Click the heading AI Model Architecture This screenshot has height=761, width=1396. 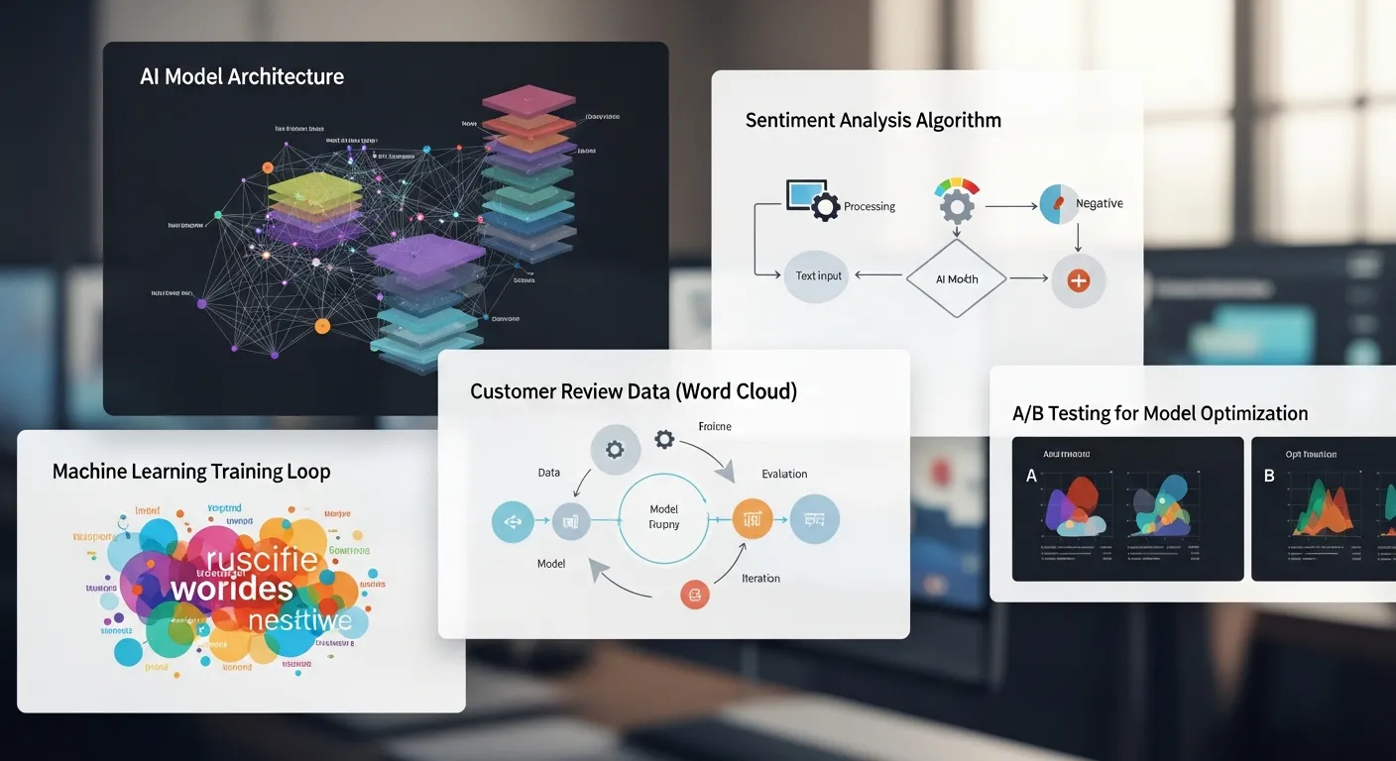click(x=242, y=77)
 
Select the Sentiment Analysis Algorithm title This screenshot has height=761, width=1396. click(x=872, y=121)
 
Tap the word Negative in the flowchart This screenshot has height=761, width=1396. click(x=1099, y=203)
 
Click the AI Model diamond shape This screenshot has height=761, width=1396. click(x=956, y=279)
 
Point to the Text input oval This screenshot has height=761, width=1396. click(x=818, y=275)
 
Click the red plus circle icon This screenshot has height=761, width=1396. click(x=1078, y=280)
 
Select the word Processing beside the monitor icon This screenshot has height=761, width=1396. click(x=869, y=207)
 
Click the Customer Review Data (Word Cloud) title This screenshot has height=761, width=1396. click(x=633, y=391)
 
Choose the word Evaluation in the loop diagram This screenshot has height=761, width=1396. click(x=783, y=474)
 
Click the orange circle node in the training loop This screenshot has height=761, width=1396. click(x=753, y=518)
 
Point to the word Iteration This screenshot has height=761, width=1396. click(x=760, y=578)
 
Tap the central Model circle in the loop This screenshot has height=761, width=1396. click(x=663, y=517)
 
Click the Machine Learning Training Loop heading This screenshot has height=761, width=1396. click(x=191, y=472)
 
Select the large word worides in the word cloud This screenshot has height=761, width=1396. click(x=231, y=589)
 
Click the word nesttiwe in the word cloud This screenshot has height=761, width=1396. click(x=299, y=621)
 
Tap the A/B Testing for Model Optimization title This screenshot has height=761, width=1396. click(x=1159, y=414)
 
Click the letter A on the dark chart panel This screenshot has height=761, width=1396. click(x=1031, y=477)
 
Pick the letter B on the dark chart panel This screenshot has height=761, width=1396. click(x=1269, y=477)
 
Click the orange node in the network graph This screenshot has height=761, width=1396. click(x=321, y=325)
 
